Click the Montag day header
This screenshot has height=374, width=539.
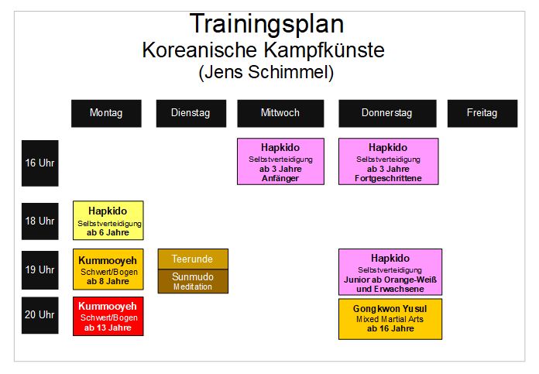coord(106,113)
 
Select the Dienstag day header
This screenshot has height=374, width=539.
coord(191,113)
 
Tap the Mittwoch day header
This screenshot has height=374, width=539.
coord(280,113)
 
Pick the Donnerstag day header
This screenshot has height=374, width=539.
coord(387,113)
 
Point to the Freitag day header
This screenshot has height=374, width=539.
coord(482,113)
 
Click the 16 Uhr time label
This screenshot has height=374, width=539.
coord(39,163)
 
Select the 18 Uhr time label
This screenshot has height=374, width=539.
coord(39,221)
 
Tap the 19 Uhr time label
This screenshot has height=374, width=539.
coord(39,269)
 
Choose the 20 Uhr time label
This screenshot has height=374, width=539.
coord(39,315)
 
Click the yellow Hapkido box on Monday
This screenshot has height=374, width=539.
coord(108,221)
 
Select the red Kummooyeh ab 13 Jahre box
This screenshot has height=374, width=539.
coord(108,316)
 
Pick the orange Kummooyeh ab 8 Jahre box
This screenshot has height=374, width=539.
coord(108,269)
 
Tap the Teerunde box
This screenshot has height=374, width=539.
coord(193,259)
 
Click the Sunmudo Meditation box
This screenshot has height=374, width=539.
coord(193,281)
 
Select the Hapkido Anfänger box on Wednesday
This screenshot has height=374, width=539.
coord(280,162)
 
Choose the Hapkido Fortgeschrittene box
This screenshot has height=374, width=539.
coord(389,162)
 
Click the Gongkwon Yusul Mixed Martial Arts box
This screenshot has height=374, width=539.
coord(390,319)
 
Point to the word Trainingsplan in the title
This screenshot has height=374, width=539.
coord(266,24)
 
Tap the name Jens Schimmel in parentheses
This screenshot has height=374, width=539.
coord(266,72)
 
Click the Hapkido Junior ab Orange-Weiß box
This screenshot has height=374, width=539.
coord(390,272)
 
